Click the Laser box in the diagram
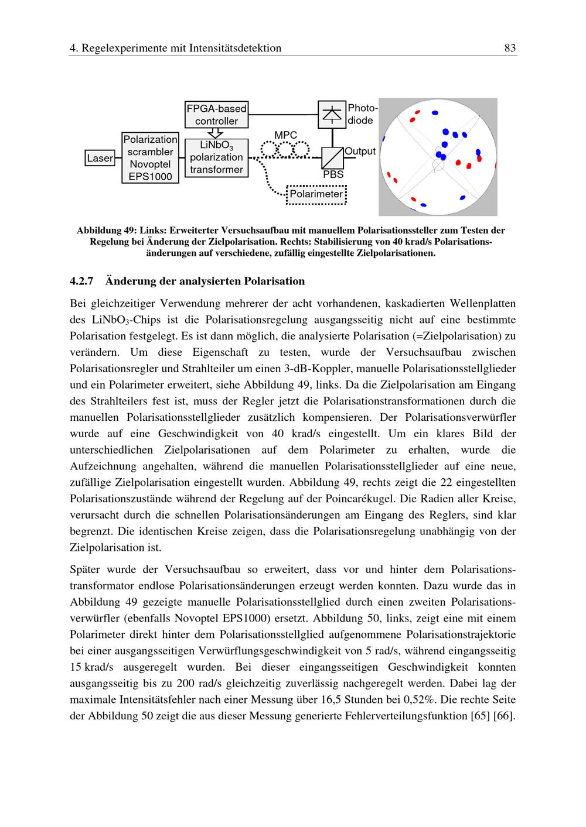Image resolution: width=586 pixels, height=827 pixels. tap(100, 158)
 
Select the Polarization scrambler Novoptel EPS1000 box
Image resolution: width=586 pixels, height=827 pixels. tap(150, 157)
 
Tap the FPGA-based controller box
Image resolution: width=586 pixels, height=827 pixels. tap(216, 115)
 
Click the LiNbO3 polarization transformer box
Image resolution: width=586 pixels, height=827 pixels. tap(216, 157)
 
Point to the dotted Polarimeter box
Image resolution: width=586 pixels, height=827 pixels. tap(316, 194)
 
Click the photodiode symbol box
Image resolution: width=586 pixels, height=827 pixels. tap(332, 114)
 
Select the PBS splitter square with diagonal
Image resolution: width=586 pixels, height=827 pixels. tap(333, 157)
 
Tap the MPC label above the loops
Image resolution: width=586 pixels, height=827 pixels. tap(285, 135)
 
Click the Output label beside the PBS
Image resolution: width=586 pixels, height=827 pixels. tap(360, 151)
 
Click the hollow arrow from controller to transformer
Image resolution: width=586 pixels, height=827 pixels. tap(216, 133)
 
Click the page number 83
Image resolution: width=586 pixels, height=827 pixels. tap(510, 48)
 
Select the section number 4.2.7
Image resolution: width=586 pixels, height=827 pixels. tap(81, 281)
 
